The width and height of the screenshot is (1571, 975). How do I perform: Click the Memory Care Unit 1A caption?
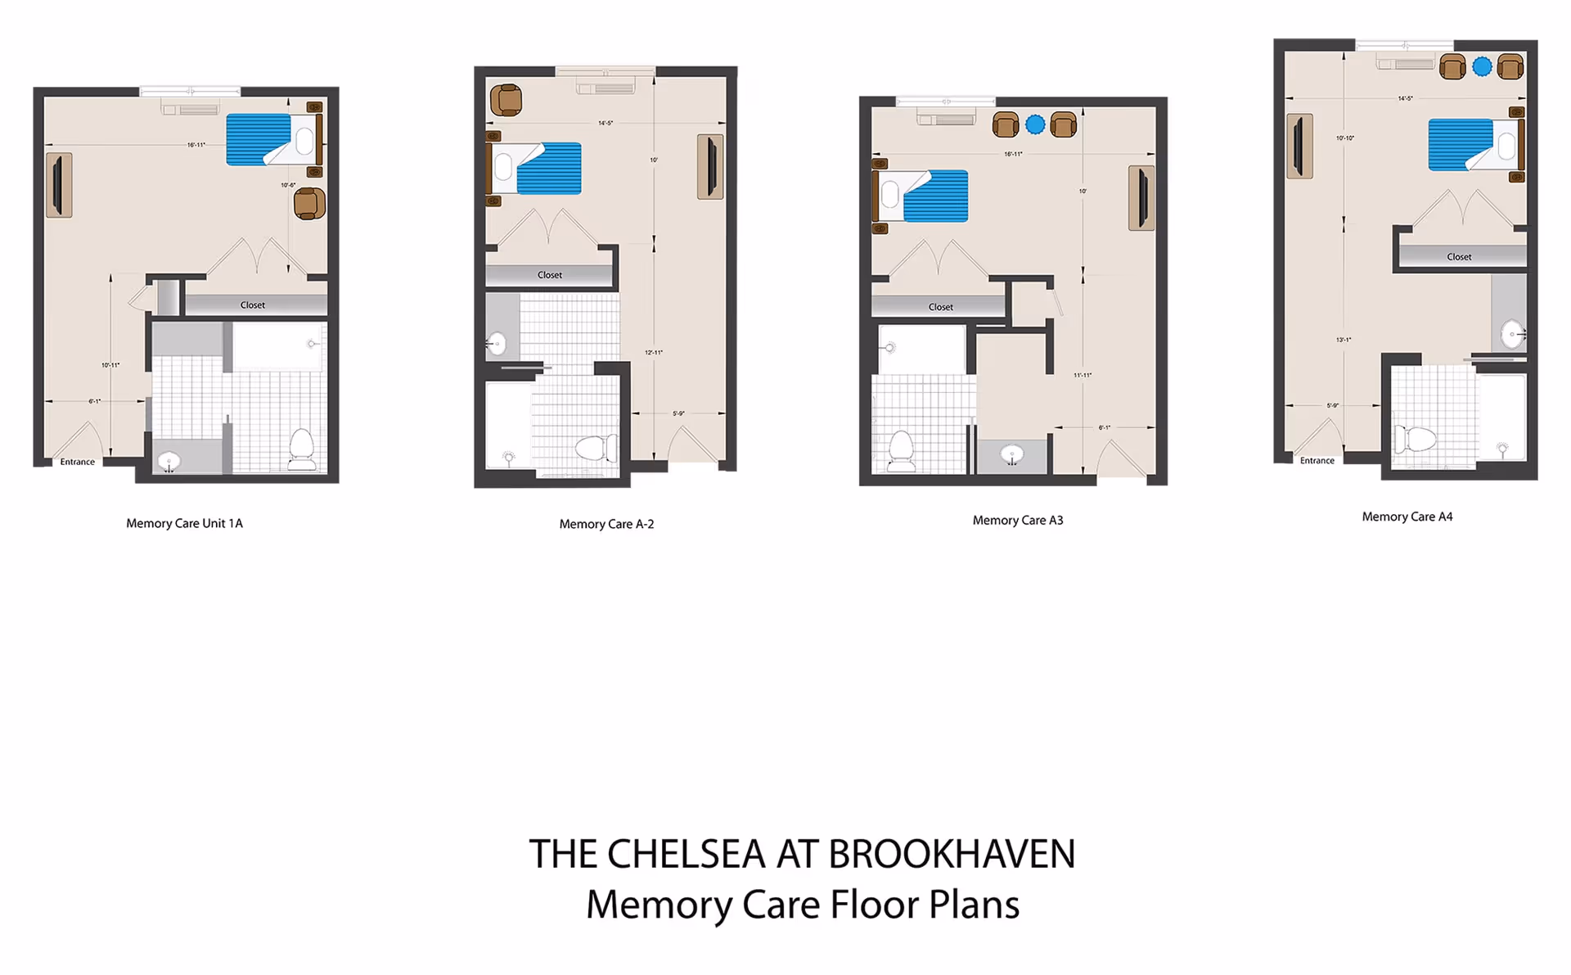(184, 523)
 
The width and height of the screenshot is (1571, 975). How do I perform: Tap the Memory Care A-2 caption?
(606, 524)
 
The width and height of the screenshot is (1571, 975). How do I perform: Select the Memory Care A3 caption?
(1017, 520)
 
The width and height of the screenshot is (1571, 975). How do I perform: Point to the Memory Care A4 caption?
(1407, 517)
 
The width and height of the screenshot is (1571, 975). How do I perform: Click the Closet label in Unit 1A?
(252, 305)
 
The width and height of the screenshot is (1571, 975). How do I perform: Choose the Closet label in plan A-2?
(549, 275)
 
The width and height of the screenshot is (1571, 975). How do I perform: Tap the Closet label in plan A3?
(940, 307)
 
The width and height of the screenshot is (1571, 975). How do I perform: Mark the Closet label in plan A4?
(1458, 257)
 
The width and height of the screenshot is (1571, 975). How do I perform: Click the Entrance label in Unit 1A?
(77, 462)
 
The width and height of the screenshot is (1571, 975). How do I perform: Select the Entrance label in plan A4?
(1317, 461)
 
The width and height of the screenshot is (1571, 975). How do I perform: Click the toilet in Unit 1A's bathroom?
(302, 449)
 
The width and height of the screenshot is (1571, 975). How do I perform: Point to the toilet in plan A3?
(901, 450)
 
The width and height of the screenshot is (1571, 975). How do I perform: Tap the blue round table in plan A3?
(1035, 124)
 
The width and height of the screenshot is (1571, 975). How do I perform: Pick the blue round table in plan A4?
(1482, 66)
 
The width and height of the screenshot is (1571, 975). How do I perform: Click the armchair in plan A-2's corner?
(506, 100)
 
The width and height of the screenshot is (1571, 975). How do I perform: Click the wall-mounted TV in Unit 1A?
(59, 185)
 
